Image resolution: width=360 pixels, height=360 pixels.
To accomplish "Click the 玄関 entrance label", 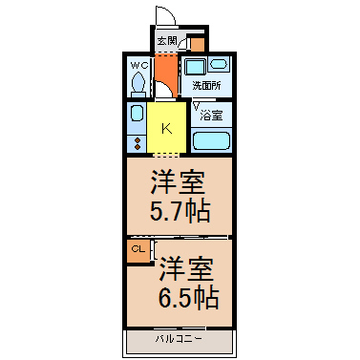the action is tap(167, 40).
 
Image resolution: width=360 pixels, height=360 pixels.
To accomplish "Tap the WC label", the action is tap(139, 66).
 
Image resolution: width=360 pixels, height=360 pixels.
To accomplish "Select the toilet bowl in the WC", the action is tap(138, 82).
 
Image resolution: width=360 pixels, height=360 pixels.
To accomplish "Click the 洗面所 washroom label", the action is tap(206, 85).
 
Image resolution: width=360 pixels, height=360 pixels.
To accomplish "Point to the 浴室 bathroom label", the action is tap(211, 115).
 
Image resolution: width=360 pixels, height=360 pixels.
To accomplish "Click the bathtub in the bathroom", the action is tap(211, 140).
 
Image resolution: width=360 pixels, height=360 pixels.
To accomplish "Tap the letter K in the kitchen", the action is tap(166, 129).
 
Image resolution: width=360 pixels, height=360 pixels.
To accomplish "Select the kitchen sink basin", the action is tap(137, 114).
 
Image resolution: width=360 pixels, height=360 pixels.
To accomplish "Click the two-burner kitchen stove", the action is tap(138, 143).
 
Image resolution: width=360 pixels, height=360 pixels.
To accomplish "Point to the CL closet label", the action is tap(138, 249).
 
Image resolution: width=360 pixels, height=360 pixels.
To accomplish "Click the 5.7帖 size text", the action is tap(180, 211).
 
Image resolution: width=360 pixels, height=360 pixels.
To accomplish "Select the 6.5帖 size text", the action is tap(188, 297).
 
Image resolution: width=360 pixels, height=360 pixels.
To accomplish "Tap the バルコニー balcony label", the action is tap(179, 338).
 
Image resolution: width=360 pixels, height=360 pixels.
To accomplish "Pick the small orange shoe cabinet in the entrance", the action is tap(198, 45).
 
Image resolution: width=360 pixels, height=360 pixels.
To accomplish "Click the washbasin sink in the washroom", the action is tap(219, 65).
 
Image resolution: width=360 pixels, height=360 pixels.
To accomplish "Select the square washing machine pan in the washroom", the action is tap(195, 67).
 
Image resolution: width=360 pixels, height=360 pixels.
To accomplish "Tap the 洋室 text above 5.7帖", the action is tap(178, 182).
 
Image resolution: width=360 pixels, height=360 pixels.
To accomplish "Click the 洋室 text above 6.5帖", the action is tap(186, 269).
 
